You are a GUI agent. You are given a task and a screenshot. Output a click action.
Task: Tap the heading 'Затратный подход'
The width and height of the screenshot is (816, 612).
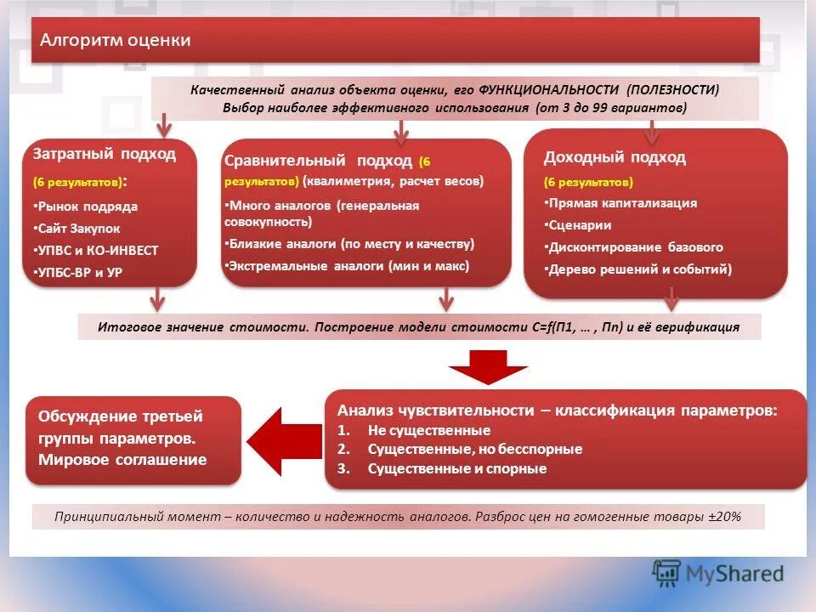point(105,154)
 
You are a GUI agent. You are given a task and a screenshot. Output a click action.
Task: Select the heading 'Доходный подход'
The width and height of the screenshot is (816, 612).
point(615,157)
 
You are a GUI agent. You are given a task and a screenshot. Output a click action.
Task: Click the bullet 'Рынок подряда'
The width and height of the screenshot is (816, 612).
point(88,207)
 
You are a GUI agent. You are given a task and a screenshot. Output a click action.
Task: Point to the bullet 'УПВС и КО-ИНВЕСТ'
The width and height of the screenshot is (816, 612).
point(99,251)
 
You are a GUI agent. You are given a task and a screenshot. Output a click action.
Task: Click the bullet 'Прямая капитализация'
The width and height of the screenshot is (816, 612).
point(622,203)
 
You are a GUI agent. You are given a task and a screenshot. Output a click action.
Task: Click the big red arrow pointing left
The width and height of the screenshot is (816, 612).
point(275,439)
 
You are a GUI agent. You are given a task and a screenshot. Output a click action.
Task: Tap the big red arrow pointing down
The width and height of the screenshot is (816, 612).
point(489,363)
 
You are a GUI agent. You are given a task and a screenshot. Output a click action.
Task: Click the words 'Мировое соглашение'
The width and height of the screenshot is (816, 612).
point(122,460)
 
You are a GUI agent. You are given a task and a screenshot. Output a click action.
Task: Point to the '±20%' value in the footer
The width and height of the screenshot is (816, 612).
point(724,516)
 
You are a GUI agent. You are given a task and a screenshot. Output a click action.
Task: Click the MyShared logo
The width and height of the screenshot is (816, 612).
point(717,574)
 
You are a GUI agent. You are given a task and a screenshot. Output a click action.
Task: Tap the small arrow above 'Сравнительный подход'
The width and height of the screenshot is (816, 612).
point(401,130)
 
